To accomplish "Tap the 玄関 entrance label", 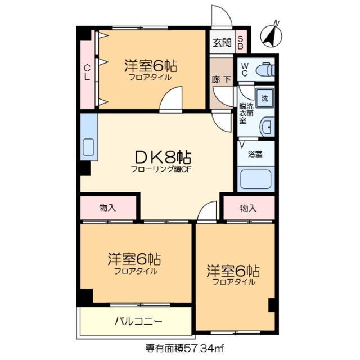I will click(222, 42).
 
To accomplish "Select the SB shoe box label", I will click(240, 42).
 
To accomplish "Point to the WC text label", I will click(245, 70).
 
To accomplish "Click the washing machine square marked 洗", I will click(264, 96).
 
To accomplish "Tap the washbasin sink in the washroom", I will click(267, 127).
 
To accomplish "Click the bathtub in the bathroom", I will click(255, 179).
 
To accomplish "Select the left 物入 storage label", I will click(107, 208).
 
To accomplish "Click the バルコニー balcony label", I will click(138, 322).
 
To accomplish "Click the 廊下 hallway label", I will click(222, 79).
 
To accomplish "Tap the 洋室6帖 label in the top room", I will click(150, 66).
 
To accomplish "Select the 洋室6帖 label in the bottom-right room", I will click(233, 270).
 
